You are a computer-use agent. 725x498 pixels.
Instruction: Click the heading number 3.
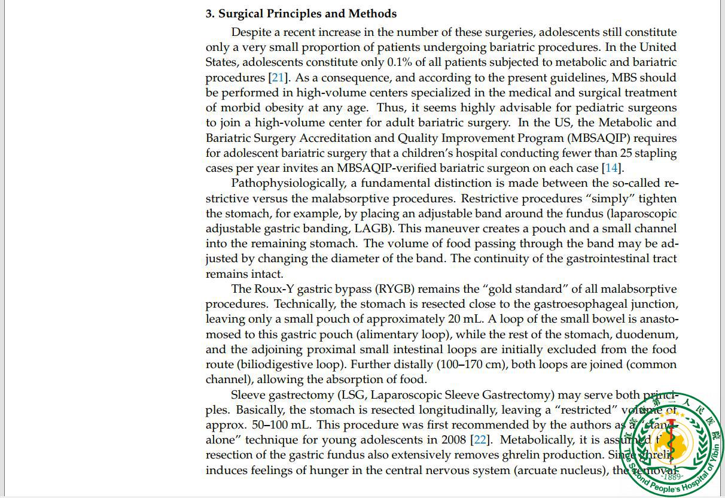[x=209, y=14]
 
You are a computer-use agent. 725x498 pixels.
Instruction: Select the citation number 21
[x=278, y=78]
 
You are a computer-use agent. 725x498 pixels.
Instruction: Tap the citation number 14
[x=611, y=168]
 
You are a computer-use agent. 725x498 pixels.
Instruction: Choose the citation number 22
[x=480, y=440]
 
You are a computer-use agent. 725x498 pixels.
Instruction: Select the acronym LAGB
[x=374, y=229]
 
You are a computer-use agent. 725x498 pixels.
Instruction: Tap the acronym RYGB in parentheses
[x=395, y=289]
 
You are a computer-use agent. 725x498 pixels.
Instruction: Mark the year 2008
[x=453, y=440]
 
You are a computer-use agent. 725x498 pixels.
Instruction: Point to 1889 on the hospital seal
[x=674, y=476]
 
